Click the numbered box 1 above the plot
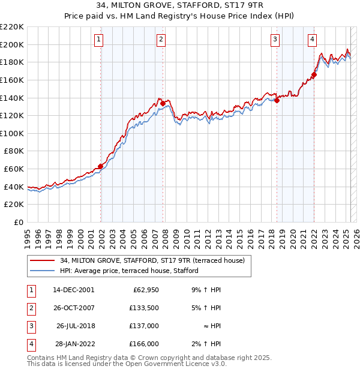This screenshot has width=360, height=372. point(98,40)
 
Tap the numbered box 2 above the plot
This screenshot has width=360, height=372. point(161,40)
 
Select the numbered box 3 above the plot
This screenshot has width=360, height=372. point(275,40)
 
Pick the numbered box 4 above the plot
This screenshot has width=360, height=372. point(313,40)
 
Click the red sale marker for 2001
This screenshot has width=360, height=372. point(100,166)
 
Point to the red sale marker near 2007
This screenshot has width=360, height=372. point(163,103)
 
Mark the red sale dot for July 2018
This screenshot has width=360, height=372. point(277,101)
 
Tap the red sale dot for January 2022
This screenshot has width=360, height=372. point(314,75)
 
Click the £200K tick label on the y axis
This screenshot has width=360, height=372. point(12,44)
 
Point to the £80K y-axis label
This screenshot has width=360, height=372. point(14,151)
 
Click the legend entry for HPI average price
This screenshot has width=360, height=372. point(129,271)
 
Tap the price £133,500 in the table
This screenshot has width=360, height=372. point(144,308)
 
